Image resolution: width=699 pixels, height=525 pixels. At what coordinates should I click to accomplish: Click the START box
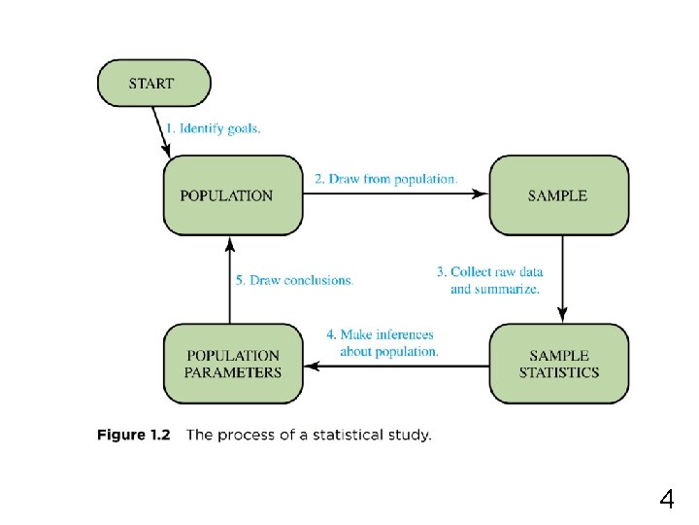pyautogui.click(x=153, y=84)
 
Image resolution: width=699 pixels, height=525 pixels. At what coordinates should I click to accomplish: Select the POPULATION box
pyautogui.click(x=233, y=195)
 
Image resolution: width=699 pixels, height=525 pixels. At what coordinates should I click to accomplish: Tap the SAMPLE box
pyautogui.click(x=558, y=195)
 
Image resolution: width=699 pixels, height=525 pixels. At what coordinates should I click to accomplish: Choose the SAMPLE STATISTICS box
pyautogui.click(x=558, y=364)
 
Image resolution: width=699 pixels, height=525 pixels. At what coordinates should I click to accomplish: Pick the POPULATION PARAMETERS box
pyautogui.click(x=233, y=364)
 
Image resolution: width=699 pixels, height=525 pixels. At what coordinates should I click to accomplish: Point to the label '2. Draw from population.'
pyautogui.click(x=385, y=179)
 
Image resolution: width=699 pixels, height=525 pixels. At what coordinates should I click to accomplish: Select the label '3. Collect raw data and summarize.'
pyautogui.click(x=489, y=280)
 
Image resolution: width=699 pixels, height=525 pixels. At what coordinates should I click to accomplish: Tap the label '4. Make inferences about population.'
pyautogui.click(x=384, y=343)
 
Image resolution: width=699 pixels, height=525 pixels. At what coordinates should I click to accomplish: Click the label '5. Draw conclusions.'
pyautogui.click(x=294, y=280)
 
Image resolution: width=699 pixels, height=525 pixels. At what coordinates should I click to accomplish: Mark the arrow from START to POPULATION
pyautogui.click(x=161, y=131)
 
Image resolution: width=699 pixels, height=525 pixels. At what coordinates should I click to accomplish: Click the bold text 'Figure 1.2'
pyautogui.click(x=133, y=435)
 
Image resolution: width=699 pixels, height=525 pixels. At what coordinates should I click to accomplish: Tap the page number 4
pyautogui.click(x=666, y=501)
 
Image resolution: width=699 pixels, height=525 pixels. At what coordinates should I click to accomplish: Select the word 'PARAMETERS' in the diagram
pyautogui.click(x=234, y=372)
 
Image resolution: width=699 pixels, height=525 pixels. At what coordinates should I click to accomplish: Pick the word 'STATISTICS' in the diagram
pyautogui.click(x=559, y=372)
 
